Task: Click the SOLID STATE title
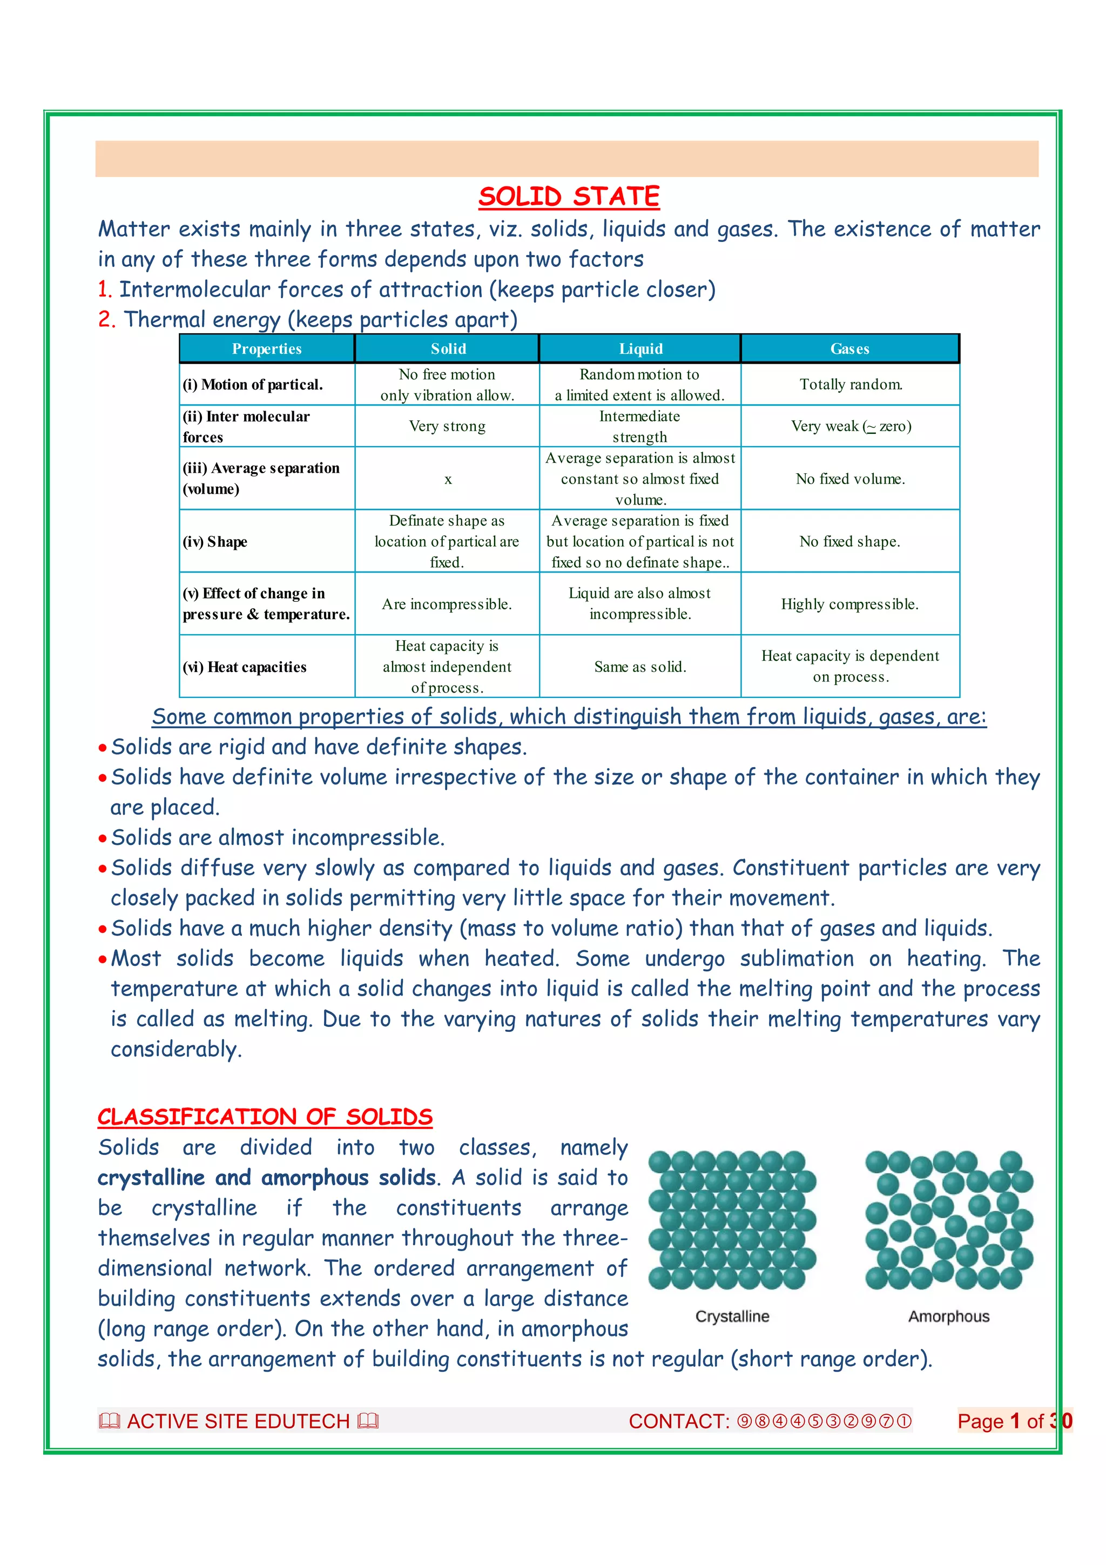569,197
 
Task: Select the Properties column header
266,349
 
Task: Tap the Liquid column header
640,349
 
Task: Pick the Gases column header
850,349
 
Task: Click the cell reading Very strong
447,427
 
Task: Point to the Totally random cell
851,385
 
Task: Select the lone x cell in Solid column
448,479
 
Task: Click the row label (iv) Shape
215,542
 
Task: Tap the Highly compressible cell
850,604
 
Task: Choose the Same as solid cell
640,667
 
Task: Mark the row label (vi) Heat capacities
245,667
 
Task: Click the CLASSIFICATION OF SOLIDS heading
265,1117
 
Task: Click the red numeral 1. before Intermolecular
104,290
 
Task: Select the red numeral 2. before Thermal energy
106,320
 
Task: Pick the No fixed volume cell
851,479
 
